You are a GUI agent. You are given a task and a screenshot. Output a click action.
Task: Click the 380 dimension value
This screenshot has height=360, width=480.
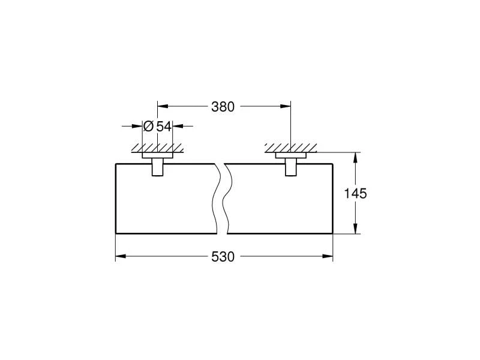coord(223,107)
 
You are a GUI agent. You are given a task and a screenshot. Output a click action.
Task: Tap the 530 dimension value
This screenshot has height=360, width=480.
coord(223,257)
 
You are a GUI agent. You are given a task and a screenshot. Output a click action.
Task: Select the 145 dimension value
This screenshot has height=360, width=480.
coord(355,193)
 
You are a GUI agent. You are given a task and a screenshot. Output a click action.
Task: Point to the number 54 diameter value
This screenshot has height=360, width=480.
coord(164,126)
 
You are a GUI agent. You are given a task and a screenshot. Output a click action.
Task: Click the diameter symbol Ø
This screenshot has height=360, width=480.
coord(148,126)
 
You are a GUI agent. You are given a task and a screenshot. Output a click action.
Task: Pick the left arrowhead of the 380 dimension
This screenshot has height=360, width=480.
coord(163,107)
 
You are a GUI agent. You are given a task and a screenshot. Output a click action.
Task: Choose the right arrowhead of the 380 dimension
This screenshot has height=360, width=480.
coord(286,107)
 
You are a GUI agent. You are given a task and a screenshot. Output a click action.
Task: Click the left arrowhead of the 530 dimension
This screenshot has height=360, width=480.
coord(121,256)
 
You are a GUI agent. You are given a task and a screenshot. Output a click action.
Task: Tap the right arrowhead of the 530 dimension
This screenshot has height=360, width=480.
coord(327,256)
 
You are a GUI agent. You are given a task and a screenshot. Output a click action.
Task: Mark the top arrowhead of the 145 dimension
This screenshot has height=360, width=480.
coord(355,158)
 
